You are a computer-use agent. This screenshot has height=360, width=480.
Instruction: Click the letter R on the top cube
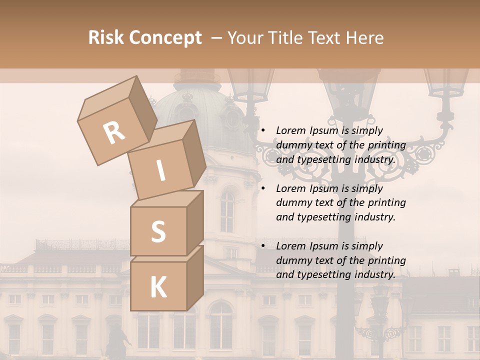click(114, 132)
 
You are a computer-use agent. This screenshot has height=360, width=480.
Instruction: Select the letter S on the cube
click(158, 231)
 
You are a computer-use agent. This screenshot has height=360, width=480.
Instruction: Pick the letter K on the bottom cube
click(158, 287)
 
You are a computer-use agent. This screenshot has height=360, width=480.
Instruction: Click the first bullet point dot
click(263, 130)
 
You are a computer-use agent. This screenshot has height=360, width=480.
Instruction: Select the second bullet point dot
click(263, 188)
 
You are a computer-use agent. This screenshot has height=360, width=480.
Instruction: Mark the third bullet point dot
click(263, 246)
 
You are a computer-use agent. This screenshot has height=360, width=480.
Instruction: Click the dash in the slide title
click(216, 38)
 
